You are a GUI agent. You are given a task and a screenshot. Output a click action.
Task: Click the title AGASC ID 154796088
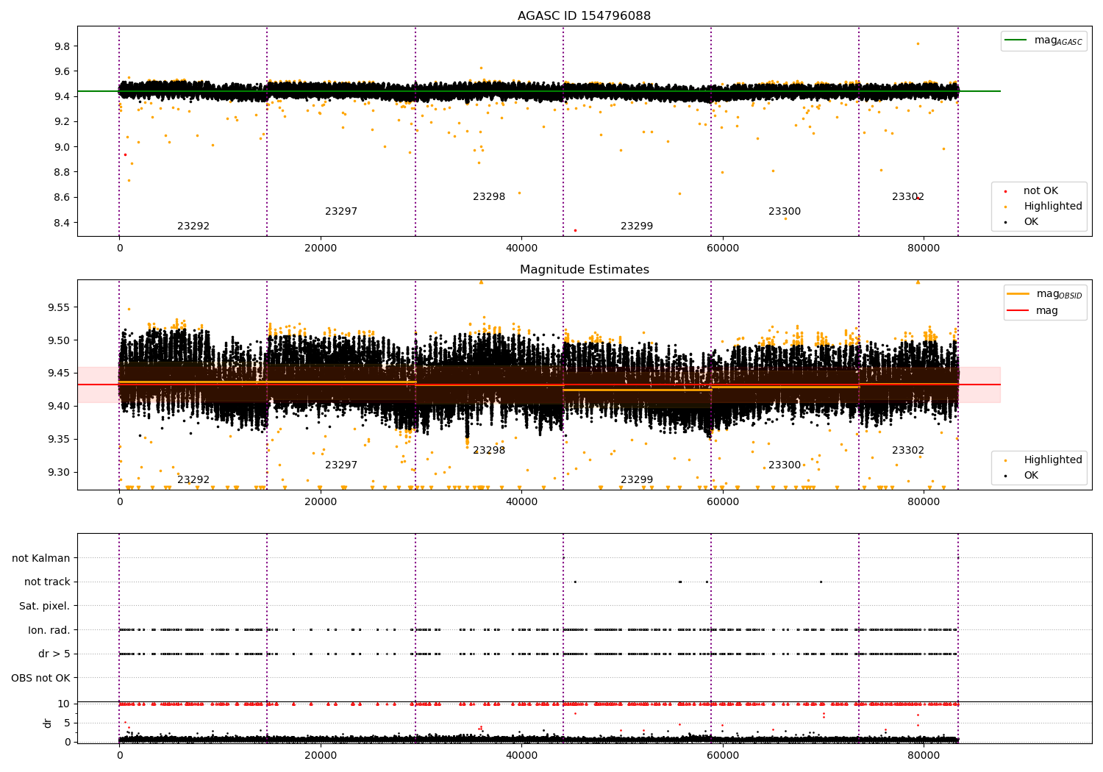click(x=584, y=15)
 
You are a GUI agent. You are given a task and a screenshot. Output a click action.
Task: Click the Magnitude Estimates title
click(x=585, y=269)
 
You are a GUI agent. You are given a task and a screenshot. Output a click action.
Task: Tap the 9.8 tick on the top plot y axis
click(x=63, y=46)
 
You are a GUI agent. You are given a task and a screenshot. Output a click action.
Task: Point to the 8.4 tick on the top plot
click(x=63, y=223)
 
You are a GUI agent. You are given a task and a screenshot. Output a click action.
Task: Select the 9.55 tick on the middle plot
click(x=59, y=307)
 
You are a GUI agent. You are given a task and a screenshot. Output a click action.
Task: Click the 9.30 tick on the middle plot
click(x=59, y=472)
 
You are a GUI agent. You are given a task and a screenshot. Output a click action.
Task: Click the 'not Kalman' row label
click(x=41, y=558)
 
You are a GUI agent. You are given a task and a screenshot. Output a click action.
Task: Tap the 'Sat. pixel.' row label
click(x=44, y=606)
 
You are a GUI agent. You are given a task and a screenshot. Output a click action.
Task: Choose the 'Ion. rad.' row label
click(x=49, y=629)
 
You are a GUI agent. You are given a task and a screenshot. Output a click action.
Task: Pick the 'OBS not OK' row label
click(x=41, y=678)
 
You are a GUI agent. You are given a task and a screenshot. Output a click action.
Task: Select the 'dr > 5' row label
click(x=54, y=654)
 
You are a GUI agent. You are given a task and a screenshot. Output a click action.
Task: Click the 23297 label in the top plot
click(x=340, y=211)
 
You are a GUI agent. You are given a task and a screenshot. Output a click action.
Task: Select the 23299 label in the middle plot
click(x=636, y=479)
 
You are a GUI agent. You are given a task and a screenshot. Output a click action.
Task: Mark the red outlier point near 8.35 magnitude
click(x=575, y=230)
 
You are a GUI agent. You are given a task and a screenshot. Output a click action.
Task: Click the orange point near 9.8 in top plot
click(x=918, y=44)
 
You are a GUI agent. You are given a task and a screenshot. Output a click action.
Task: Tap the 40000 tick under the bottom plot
click(x=521, y=755)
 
